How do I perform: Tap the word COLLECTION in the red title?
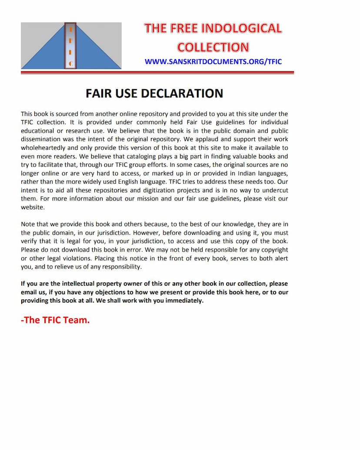click(213, 47)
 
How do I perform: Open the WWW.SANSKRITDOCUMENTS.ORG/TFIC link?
click(213, 61)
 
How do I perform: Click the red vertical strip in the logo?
click(70, 46)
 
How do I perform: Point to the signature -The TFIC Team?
click(55, 320)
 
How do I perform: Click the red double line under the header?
click(157, 72)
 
